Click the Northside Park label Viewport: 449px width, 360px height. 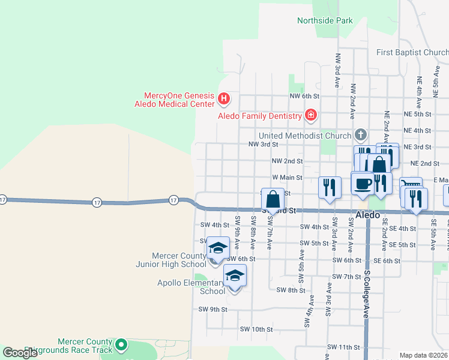325,20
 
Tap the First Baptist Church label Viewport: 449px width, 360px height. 412,53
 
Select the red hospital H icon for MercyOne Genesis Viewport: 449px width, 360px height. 224,97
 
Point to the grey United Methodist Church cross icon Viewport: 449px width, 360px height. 360,134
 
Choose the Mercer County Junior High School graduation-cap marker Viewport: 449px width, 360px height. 218,248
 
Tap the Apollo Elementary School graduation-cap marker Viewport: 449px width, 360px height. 235,275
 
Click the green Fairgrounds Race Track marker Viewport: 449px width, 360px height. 121,344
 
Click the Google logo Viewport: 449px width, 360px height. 20,353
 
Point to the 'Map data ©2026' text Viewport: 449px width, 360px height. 423,355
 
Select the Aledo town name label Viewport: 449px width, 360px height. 368,215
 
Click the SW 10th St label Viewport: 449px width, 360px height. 256,329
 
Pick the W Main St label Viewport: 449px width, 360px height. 286,178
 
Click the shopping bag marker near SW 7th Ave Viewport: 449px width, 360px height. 273,199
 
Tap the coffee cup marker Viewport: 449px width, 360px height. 362,184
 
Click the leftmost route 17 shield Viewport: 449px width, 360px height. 3,200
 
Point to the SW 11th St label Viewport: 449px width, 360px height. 343,347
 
